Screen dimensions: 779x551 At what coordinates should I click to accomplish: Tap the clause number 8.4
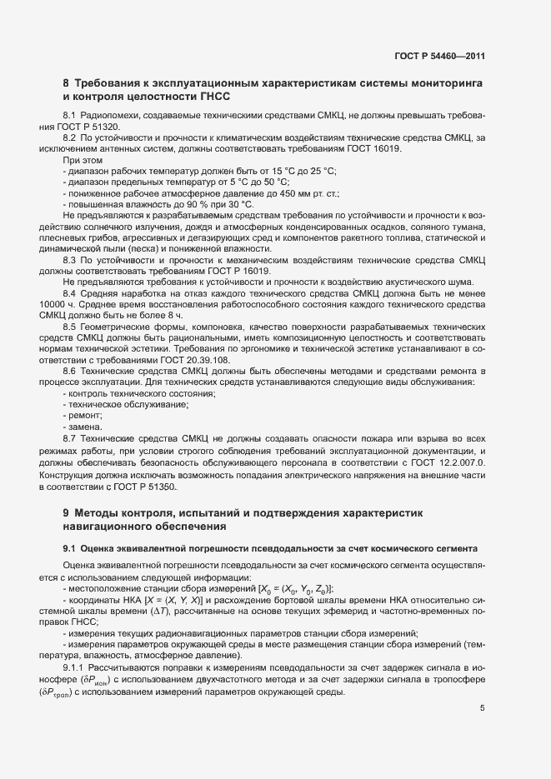(x=70, y=294)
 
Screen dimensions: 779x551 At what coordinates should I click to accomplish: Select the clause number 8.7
(x=70, y=437)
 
